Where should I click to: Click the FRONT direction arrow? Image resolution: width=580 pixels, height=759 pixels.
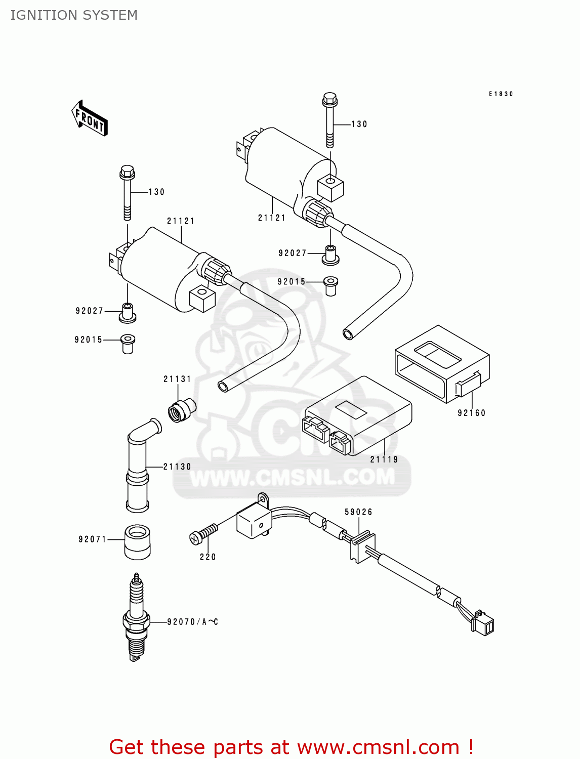point(90,118)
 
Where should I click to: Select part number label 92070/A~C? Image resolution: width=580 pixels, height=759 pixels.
point(192,622)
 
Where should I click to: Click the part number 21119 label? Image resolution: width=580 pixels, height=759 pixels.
point(384,459)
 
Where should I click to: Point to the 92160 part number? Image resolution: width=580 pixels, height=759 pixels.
point(472,413)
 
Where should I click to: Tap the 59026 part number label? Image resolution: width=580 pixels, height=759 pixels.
point(358,512)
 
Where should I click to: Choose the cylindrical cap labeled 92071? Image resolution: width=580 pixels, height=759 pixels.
point(137,542)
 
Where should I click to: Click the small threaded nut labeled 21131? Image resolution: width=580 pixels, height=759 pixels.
point(182,409)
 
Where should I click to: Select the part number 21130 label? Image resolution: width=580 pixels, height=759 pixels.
point(177,467)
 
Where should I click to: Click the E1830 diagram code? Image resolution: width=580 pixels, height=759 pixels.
point(501,94)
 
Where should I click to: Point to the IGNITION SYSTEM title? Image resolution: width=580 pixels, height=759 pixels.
point(74,15)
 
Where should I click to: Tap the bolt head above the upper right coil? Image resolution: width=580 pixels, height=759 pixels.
point(330,99)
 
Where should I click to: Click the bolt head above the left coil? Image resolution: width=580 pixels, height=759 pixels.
point(127,173)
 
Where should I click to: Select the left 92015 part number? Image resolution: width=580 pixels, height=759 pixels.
point(89,340)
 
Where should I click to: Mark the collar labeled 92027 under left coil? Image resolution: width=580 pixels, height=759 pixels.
point(128,312)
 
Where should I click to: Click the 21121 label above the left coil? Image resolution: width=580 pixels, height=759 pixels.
point(181,221)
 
